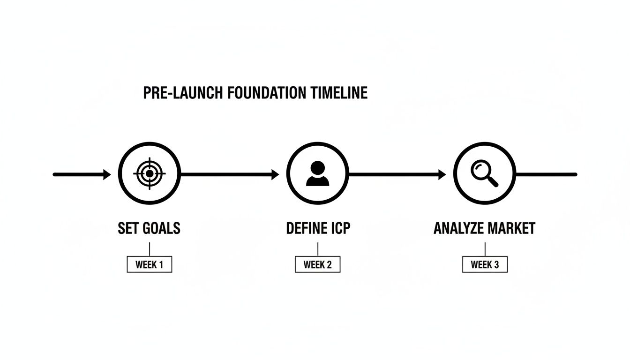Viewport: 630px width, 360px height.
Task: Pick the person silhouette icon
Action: coord(317,174)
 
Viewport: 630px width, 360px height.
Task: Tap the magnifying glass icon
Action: coord(484,174)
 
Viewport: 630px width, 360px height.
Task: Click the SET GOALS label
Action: coord(149,228)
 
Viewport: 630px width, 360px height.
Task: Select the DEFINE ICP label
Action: coord(318,228)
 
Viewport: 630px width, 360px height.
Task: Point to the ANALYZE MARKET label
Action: coord(484,228)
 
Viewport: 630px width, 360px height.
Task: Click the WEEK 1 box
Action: coord(149,264)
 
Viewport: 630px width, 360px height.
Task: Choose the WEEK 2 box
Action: coord(317,264)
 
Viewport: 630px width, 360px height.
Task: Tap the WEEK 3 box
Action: coord(485,264)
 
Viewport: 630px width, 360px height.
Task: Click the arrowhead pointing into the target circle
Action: coord(107,174)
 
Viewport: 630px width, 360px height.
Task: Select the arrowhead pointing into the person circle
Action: coord(275,174)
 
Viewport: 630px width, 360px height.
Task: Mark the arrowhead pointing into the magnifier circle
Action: coord(442,174)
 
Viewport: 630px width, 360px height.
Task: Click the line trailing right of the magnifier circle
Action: coord(546,174)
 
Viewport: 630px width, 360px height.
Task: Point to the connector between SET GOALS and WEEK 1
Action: coord(149,249)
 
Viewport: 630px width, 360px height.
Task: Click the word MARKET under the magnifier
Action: coord(511,228)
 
